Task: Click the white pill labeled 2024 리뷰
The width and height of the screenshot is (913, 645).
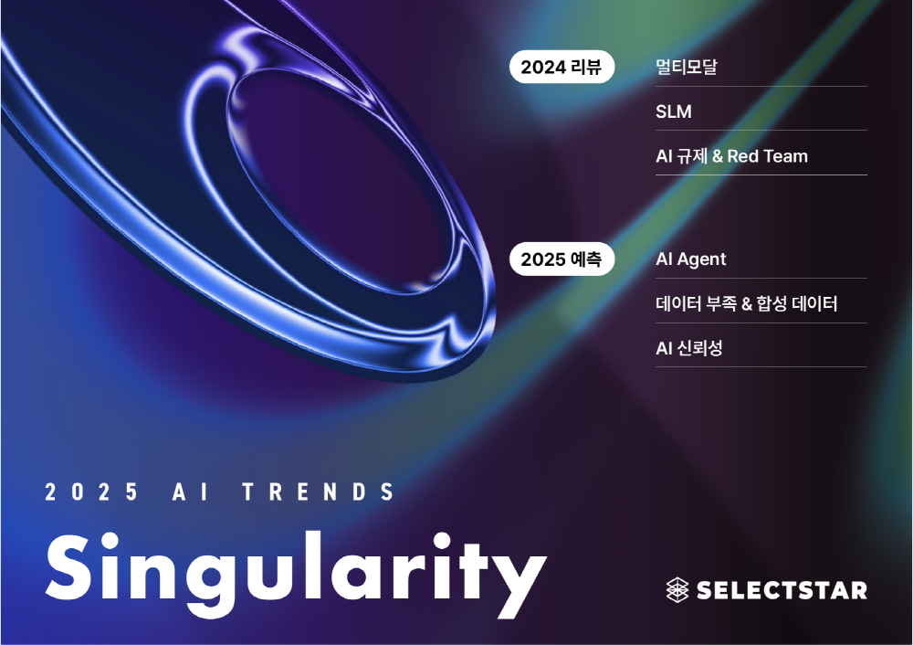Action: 561,67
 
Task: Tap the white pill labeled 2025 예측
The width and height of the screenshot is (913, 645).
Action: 561,259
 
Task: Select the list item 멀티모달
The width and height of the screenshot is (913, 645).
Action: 686,67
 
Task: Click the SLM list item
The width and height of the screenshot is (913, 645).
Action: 674,111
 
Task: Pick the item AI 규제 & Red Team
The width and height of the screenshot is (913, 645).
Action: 731,156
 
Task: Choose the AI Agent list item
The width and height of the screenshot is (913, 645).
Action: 690,259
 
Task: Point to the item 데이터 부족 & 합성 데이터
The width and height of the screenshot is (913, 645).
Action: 747,303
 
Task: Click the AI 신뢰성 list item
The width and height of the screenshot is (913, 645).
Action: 688,348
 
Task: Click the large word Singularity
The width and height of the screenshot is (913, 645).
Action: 296,574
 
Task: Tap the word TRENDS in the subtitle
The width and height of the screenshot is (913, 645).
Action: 319,492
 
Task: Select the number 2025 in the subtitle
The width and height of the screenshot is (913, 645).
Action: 90,492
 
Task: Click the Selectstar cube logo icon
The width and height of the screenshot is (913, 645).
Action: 677,589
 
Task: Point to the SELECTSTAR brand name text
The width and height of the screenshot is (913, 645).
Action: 782,590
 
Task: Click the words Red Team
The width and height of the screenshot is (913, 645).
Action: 768,156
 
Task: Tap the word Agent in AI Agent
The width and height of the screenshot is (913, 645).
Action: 700,259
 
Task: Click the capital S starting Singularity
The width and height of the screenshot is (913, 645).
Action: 69,566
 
